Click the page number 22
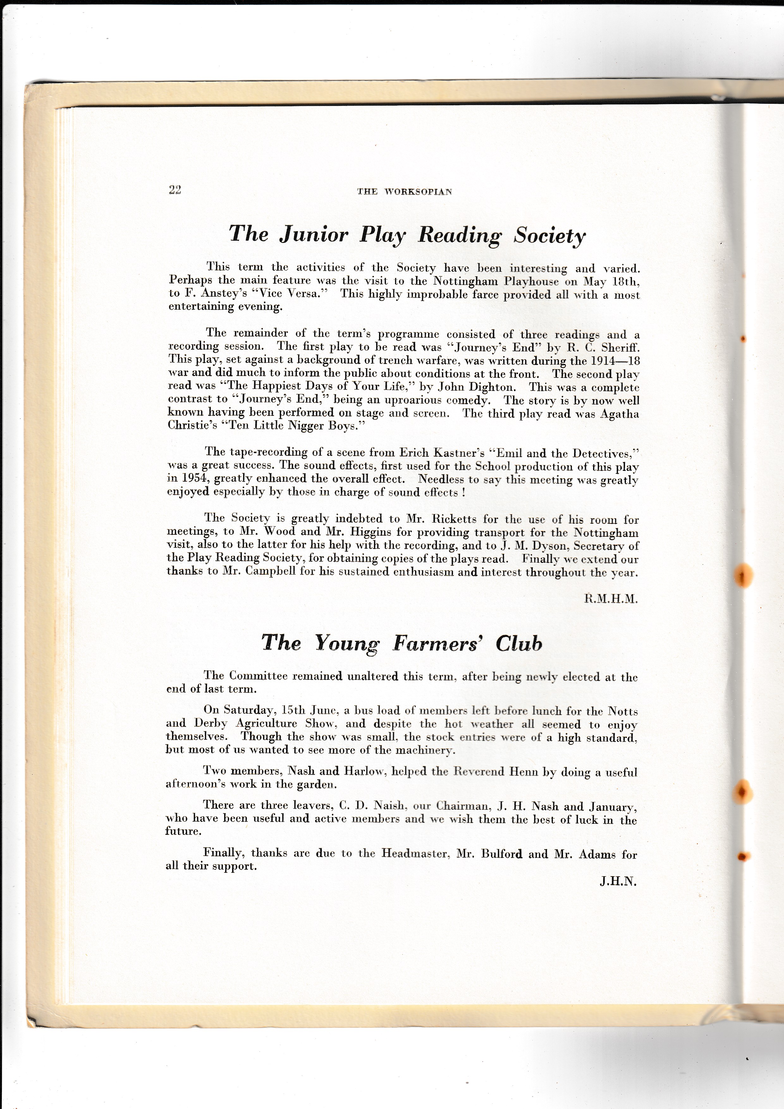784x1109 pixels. (x=175, y=190)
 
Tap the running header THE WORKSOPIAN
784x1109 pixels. (x=405, y=192)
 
